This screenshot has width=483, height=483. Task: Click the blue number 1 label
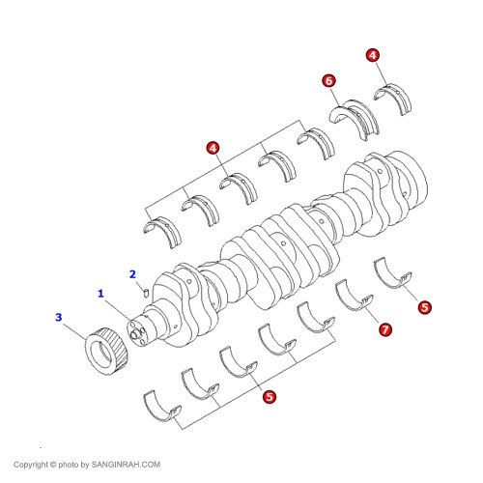tap(99, 292)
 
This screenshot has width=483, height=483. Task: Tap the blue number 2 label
tap(133, 273)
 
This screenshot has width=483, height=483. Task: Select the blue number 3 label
tap(59, 317)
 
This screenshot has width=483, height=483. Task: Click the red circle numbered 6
tap(329, 82)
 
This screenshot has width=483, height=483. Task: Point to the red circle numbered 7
tap(384, 330)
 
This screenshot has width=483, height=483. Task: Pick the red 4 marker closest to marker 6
tap(373, 56)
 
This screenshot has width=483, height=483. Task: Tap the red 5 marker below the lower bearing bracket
tap(269, 395)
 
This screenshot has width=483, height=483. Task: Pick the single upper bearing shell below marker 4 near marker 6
tap(394, 97)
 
